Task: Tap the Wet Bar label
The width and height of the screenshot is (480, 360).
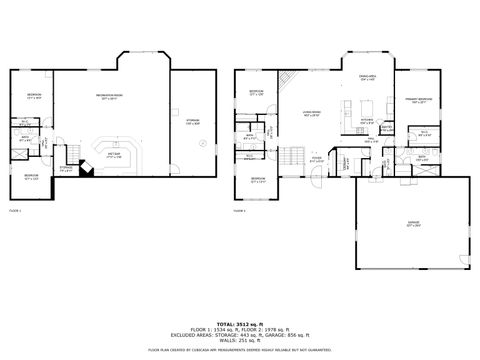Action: [114, 155]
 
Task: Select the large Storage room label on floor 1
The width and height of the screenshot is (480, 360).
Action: [192, 121]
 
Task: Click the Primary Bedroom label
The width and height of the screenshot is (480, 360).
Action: [418, 100]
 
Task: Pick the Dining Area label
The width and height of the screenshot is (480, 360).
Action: [366, 76]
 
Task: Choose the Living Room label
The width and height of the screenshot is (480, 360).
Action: [311, 113]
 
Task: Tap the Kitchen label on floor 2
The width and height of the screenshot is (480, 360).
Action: [367, 121]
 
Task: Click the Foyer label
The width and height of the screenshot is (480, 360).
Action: [316, 158]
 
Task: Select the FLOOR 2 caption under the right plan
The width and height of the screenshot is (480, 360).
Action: [239, 212]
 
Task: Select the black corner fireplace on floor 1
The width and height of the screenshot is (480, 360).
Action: [87, 171]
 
